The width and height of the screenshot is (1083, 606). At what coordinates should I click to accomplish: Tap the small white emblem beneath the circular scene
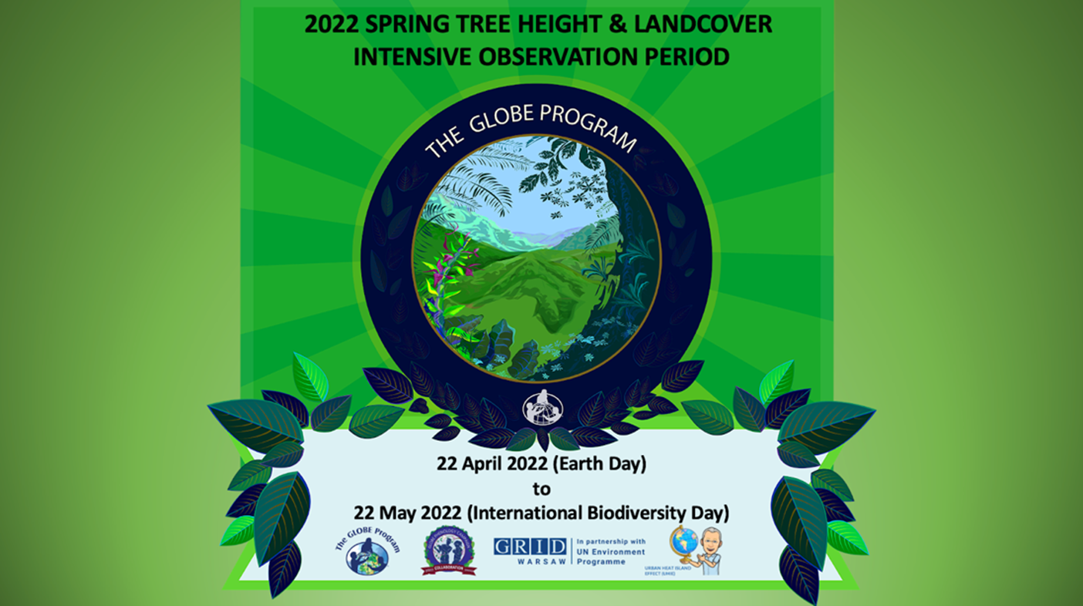pyautogui.click(x=542, y=409)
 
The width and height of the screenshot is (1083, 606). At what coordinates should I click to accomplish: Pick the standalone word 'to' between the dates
pyautogui.click(x=541, y=488)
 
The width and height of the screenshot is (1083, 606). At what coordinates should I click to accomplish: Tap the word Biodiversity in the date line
pyautogui.click(x=623, y=512)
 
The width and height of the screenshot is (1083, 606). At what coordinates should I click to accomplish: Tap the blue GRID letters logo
pyautogui.click(x=530, y=547)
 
